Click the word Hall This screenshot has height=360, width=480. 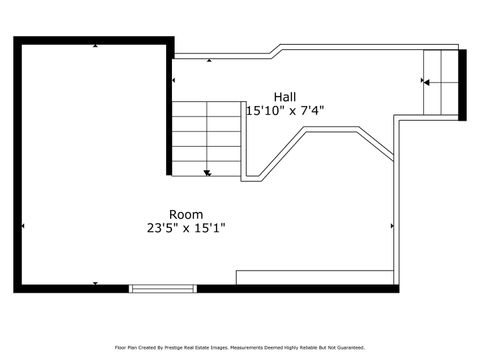coord(285,97)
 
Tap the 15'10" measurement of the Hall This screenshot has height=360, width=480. coord(263,111)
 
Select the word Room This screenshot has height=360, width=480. coord(186,214)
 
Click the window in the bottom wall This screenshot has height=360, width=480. coord(164,288)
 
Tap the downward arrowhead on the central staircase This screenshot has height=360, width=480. coord(206,173)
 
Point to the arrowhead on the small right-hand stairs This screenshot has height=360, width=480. coord(424,82)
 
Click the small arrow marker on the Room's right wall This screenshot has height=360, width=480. coord(390,228)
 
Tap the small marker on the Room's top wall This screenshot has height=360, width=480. coord(94,45)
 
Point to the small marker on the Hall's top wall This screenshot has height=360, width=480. coord(209,61)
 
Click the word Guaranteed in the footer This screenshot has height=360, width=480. coord(349,347)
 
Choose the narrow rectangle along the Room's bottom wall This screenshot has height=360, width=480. coord(316,277)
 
